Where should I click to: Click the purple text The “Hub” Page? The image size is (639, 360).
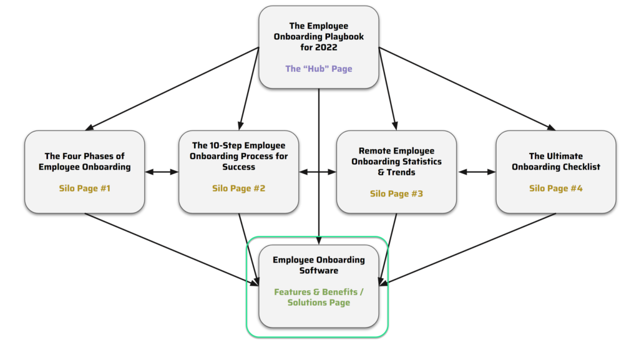pos(319,69)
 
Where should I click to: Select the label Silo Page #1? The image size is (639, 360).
pos(85,188)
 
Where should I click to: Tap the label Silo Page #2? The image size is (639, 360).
pos(239,188)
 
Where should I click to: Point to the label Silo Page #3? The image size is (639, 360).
pos(396,193)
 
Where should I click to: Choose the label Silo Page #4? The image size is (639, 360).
pos(556,188)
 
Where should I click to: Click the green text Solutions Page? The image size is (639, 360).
pos(319,303)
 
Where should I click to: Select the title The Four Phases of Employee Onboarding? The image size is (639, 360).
pos(85,162)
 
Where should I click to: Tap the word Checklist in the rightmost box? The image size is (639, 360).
pos(581,167)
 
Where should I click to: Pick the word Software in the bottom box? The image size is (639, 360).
pos(319,270)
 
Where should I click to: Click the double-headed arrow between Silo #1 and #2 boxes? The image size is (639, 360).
pos(162,172)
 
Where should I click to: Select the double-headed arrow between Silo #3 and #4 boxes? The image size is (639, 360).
pos(476,172)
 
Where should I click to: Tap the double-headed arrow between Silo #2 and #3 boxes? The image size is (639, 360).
pos(318,172)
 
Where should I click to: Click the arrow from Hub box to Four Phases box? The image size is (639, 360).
pos(172,89)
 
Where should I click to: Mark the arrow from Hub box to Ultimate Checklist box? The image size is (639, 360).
pos(467,89)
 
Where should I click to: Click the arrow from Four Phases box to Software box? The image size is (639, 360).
pos(172,249)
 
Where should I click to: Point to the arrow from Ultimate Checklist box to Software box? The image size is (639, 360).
pos(467,249)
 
